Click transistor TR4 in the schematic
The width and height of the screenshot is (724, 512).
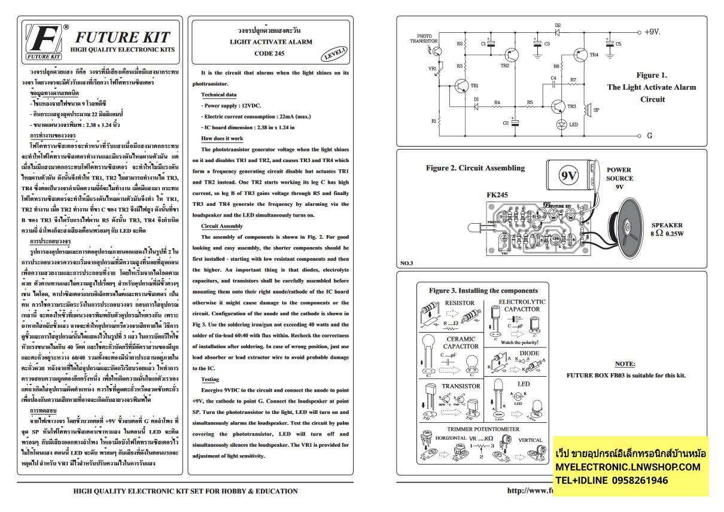[580, 54]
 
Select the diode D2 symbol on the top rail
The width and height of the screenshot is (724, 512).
[557, 32]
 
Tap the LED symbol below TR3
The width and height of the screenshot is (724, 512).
[561, 124]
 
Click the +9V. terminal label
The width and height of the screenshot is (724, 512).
[652, 32]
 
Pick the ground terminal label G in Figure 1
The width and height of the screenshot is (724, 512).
[649, 136]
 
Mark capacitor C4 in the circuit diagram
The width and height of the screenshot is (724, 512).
[553, 84]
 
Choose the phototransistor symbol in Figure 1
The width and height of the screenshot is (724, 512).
[436, 51]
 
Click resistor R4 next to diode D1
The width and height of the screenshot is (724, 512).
[497, 108]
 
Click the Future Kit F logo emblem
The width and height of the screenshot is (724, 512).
[42, 41]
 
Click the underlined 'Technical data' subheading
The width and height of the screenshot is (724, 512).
[218, 95]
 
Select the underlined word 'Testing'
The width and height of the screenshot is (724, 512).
[210, 379]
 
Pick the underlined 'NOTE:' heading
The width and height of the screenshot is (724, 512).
[625, 364]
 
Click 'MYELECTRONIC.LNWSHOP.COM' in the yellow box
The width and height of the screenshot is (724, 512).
[628, 467]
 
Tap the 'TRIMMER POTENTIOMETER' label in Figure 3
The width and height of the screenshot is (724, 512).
[483, 429]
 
